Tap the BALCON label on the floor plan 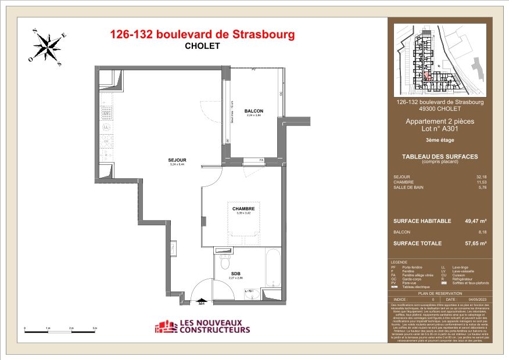click(253, 111)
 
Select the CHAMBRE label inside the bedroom click(243, 208)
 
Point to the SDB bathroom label click(235, 273)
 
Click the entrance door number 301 click(202, 303)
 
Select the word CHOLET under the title click(202, 46)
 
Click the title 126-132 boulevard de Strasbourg click(202, 34)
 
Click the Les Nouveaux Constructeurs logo click(202, 326)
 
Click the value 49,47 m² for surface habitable click(475, 221)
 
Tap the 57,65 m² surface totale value click(475, 243)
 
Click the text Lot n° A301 click(439, 129)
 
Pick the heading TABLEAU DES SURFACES click(439, 156)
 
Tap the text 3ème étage click(439, 141)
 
